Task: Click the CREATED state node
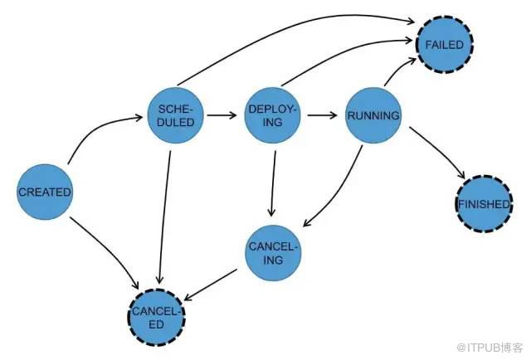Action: pos(44,192)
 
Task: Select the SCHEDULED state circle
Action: pos(175,115)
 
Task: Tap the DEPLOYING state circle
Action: pos(273,116)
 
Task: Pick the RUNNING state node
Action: pos(373,115)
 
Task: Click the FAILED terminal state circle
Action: pos(445,43)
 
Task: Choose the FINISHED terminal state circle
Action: pos(484,203)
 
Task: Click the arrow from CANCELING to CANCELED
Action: pos(217,284)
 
